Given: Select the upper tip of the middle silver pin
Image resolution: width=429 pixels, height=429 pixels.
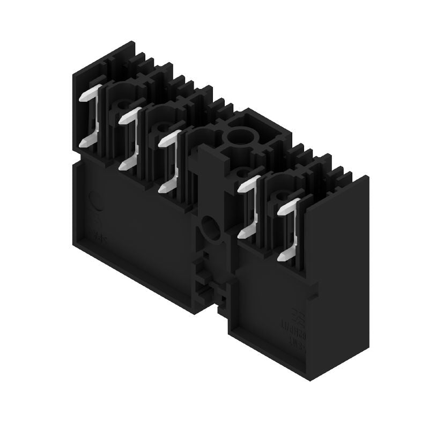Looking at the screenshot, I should (x=164, y=139).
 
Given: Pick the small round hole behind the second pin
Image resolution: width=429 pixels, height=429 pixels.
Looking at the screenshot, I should (x=159, y=127).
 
